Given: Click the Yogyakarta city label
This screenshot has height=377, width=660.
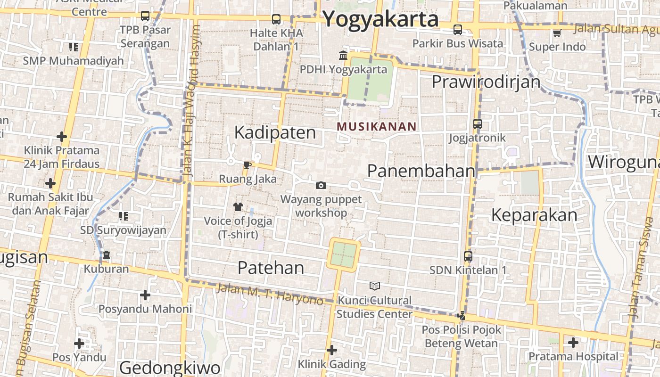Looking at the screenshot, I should [381, 19].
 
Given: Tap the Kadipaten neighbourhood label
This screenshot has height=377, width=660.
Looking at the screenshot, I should [275, 132].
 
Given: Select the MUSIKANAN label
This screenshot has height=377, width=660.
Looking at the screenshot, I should [377, 126].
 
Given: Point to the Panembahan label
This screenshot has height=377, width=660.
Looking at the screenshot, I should [421, 171].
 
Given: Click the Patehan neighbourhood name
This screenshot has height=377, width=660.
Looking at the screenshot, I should [271, 268].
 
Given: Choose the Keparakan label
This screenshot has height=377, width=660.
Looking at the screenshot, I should [534, 215].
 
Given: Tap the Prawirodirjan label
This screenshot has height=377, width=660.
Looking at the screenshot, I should [486, 82].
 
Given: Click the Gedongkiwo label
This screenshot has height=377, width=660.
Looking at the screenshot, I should [170, 368].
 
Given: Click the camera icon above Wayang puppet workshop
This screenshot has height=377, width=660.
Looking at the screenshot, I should [321, 186].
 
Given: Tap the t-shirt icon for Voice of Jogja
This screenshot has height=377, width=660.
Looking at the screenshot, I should [238, 206].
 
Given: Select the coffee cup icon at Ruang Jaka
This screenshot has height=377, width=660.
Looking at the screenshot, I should [247, 165].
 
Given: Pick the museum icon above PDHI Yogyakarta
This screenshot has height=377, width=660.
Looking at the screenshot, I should [343, 56].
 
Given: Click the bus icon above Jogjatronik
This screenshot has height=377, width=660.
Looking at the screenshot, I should [478, 124].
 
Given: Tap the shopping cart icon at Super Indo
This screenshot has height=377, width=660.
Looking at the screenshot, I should [557, 33].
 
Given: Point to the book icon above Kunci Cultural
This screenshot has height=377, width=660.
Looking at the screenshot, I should [375, 286].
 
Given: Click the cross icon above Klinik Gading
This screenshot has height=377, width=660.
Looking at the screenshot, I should [332, 350].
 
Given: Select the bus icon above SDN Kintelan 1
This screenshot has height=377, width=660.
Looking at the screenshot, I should [468, 256].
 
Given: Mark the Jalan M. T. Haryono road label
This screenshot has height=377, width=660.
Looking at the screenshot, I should [269, 293].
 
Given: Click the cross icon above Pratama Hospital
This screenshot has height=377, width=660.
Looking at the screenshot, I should [573, 343].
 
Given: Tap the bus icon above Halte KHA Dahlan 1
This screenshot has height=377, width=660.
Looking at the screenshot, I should [276, 19].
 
